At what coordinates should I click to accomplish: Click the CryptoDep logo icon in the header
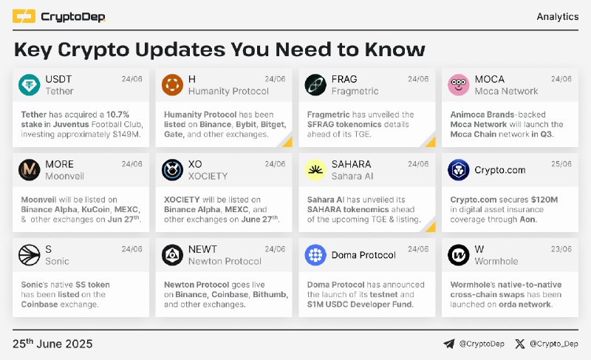point(24,16)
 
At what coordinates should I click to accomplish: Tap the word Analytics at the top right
point(558,16)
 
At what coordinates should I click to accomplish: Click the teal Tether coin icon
point(30,85)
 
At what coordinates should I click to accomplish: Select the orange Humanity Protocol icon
point(172,85)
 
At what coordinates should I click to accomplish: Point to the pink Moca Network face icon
point(458,85)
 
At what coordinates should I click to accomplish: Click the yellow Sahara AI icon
point(315,170)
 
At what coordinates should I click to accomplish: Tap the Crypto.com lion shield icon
point(458,170)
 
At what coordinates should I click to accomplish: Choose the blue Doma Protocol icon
point(315,255)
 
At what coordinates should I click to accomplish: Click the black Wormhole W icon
point(458,255)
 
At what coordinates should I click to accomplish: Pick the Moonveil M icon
point(30,170)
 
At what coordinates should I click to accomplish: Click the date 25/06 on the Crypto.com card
point(561,164)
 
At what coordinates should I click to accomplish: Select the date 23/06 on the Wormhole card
point(561,249)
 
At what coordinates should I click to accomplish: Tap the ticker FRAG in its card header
point(344,79)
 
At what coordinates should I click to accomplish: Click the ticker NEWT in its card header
point(202,249)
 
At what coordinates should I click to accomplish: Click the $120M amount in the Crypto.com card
point(544,200)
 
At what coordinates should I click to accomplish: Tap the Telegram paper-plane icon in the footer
point(449,344)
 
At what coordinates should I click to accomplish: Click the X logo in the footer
point(520,344)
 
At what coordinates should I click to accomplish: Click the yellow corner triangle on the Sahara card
point(431,227)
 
